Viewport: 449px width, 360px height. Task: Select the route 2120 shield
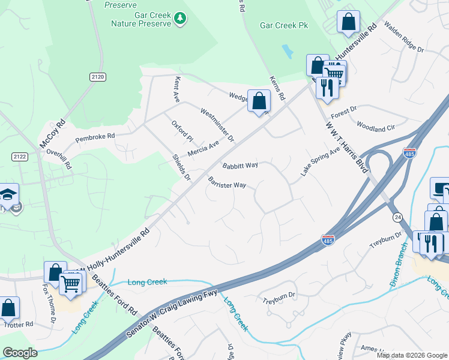[97, 77]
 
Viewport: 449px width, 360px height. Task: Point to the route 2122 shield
[19, 157]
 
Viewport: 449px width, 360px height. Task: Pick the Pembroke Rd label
[95, 137]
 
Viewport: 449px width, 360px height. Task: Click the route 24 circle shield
[397, 216]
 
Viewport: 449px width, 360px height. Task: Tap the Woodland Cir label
[376, 128]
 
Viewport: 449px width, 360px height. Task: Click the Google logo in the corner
[20, 353]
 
